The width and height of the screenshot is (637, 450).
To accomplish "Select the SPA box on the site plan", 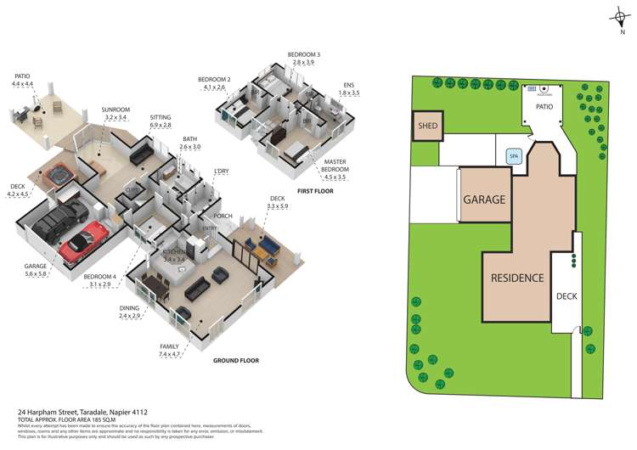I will click(513, 156).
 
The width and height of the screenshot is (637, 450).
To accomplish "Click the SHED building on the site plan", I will click(426, 127).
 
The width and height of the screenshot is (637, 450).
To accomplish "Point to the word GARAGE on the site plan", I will click(484, 200).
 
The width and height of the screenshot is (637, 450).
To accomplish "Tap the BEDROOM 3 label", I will click(304, 54).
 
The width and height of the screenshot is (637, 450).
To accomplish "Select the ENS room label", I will click(347, 85).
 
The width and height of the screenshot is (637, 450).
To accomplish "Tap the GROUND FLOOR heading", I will click(235, 360).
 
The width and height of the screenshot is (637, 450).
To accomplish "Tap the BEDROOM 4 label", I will click(102, 276).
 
